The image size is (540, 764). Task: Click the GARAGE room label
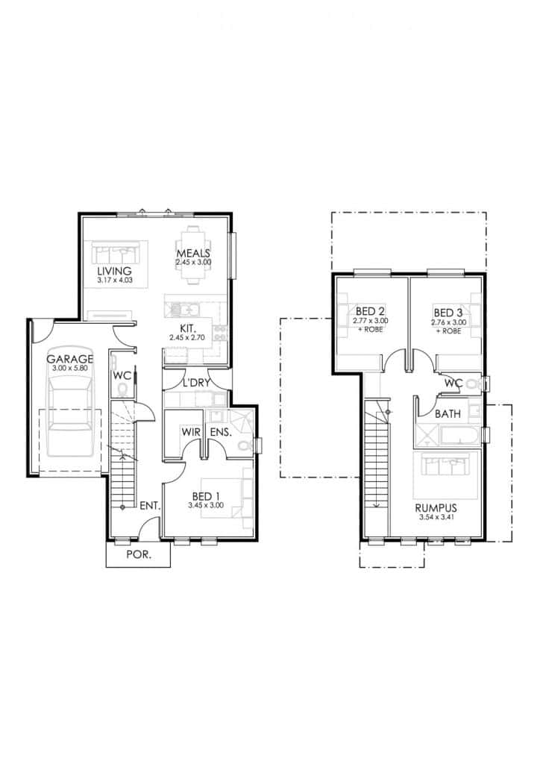tap(69, 359)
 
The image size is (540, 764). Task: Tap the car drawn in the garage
tap(70, 418)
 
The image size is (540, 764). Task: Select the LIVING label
tap(114, 271)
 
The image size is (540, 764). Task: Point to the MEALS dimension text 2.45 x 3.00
tap(193, 262)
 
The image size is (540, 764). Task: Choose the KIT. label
tap(188, 328)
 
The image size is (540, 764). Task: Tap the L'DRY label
tap(195, 383)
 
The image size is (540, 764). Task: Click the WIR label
tap(191, 432)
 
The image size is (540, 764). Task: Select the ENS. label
tap(221, 432)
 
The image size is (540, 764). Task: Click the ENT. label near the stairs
tap(150, 507)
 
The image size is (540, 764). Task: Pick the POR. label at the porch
tap(138, 554)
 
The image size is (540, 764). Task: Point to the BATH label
tap(448, 414)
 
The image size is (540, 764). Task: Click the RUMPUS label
tap(436, 508)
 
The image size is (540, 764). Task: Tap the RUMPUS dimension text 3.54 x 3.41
tap(436, 518)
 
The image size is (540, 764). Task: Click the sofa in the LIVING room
tap(116, 254)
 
